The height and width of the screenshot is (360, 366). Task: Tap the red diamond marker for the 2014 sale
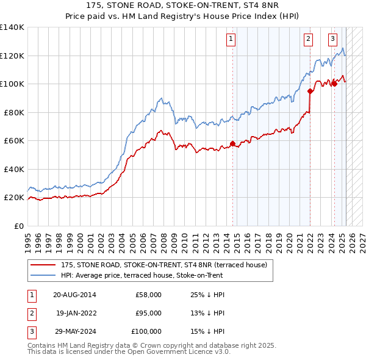(x=232, y=144)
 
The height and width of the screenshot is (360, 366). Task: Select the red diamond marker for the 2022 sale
(x=310, y=92)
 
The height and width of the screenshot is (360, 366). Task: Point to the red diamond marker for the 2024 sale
(x=334, y=84)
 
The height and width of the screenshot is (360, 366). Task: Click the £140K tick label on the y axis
(x=12, y=27)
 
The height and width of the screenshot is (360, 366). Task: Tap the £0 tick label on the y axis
(x=19, y=226)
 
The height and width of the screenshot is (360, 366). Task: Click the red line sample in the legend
(x=43, y=265)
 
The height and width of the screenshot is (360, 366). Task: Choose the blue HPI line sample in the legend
(x=43, y=275)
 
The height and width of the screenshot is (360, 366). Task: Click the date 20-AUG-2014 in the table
(x=74, y=295)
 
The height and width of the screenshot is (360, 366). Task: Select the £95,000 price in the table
(x=148, y=313)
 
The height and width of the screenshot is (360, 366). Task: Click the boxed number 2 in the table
(x=31, y=313)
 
